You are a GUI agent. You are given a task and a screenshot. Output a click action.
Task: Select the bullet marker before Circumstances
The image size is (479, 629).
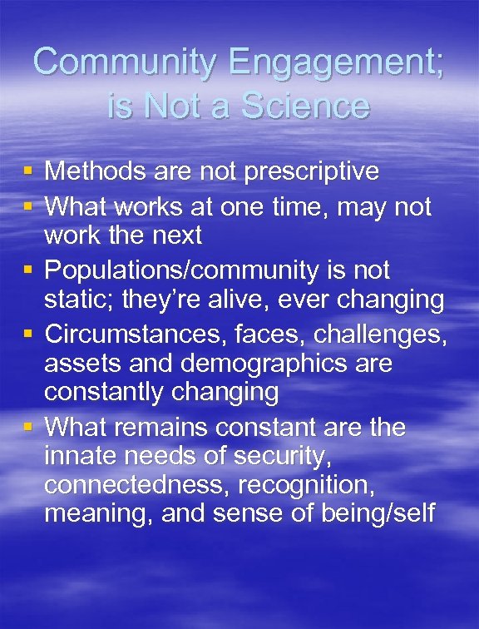click(27, 334)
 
